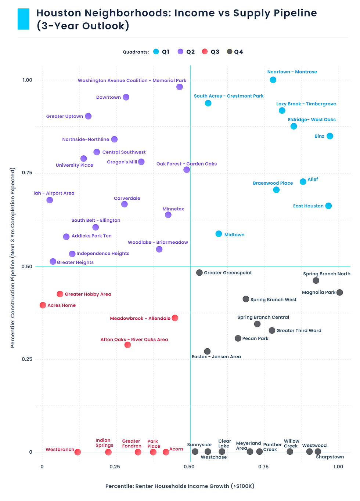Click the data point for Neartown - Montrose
click(273, 80)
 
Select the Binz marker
click(330, 136)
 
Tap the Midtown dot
click(219, 234)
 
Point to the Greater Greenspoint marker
click(199, 273)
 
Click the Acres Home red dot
click(43, 305)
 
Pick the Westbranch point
click(78, 452)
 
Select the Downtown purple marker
click(126, 97)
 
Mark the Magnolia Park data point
click(340, 293)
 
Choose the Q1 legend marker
click(156, 52)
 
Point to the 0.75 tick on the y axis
click(27, 173)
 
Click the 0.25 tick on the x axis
click(115, 467)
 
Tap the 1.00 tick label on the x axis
click(338, 467)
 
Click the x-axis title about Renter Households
click(180, 486)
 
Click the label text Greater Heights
click(75, 262)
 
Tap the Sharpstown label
click(330, 457)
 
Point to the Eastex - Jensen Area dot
click(207, 352)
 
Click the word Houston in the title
click(59, 13)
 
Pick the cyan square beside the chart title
click(24, 19)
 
